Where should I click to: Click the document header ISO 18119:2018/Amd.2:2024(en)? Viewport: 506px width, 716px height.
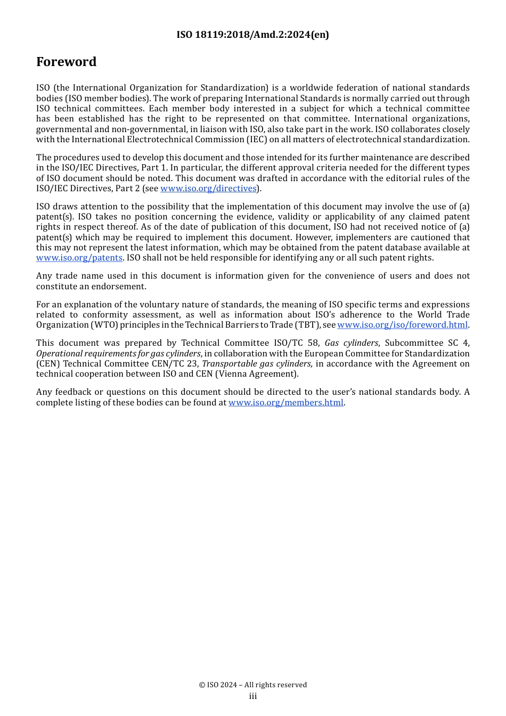point(252,35)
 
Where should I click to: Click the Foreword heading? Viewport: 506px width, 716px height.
point(66,62)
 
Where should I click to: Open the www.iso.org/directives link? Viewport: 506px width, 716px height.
point(208,189)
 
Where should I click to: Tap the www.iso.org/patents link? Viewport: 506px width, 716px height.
point(79,258)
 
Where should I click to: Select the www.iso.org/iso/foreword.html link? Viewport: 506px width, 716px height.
point(402,325)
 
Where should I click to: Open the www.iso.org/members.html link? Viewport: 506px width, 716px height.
point(285,403)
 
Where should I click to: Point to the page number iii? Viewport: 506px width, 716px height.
point(253,696)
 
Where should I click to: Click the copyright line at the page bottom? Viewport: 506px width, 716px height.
point(253,685)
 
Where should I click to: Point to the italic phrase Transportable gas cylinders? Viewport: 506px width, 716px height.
point(257,364)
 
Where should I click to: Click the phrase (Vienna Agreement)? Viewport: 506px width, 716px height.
point(257,374)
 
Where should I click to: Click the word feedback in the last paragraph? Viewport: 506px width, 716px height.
point(74,392)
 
